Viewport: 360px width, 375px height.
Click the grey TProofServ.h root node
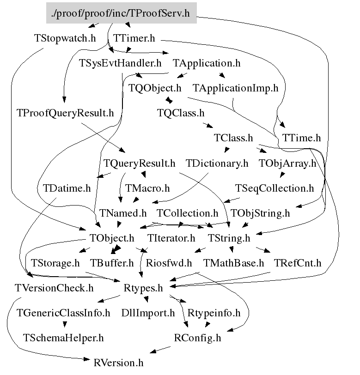pyautogui.click(x=121, y=13)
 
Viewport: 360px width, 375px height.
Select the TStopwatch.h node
pyautogui.click(x=65, y=38)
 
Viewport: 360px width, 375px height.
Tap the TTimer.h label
pyautogui.click(x=134, y=38)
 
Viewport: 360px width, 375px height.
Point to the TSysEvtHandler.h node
pyautogui.click(x=120, y=62)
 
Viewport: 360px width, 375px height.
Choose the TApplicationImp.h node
pyautogui.click(x=236, y=87)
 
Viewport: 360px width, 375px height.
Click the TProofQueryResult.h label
pyautogui.click(x=65, y=113)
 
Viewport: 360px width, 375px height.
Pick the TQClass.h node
pyautogui.click(x=180, y=113)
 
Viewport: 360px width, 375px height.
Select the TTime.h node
pyautogui.click(x=301, y=138)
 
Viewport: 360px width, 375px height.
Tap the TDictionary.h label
pyautogui.click(x=217, y=163)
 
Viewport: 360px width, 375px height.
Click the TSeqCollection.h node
pyautogui.click(x=275, y=188)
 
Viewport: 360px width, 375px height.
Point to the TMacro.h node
pyautogui.click(x=147, y=188)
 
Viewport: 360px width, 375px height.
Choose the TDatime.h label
pyautogui.click(x=67, y=188)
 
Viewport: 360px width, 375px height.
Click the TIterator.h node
pyautogui.click(x=171, y=238)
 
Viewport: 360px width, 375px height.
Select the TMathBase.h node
pyautogui.click(x=234, y=263)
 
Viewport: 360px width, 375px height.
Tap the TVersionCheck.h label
pyautogui.click(x=54, y=288)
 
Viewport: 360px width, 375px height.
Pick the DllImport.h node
pyautogui.click(x=148, y=313)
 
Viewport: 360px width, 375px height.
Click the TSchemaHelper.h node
pyautogui.click(x=63, y=338)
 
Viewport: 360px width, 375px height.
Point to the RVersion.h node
pyautogui.click(x=118, y=363)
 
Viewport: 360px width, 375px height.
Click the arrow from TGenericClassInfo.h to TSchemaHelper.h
pyautogui.click(x=63, y=325)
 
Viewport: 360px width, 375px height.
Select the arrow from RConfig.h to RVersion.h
pyautogui.click(x=157, y=351)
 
